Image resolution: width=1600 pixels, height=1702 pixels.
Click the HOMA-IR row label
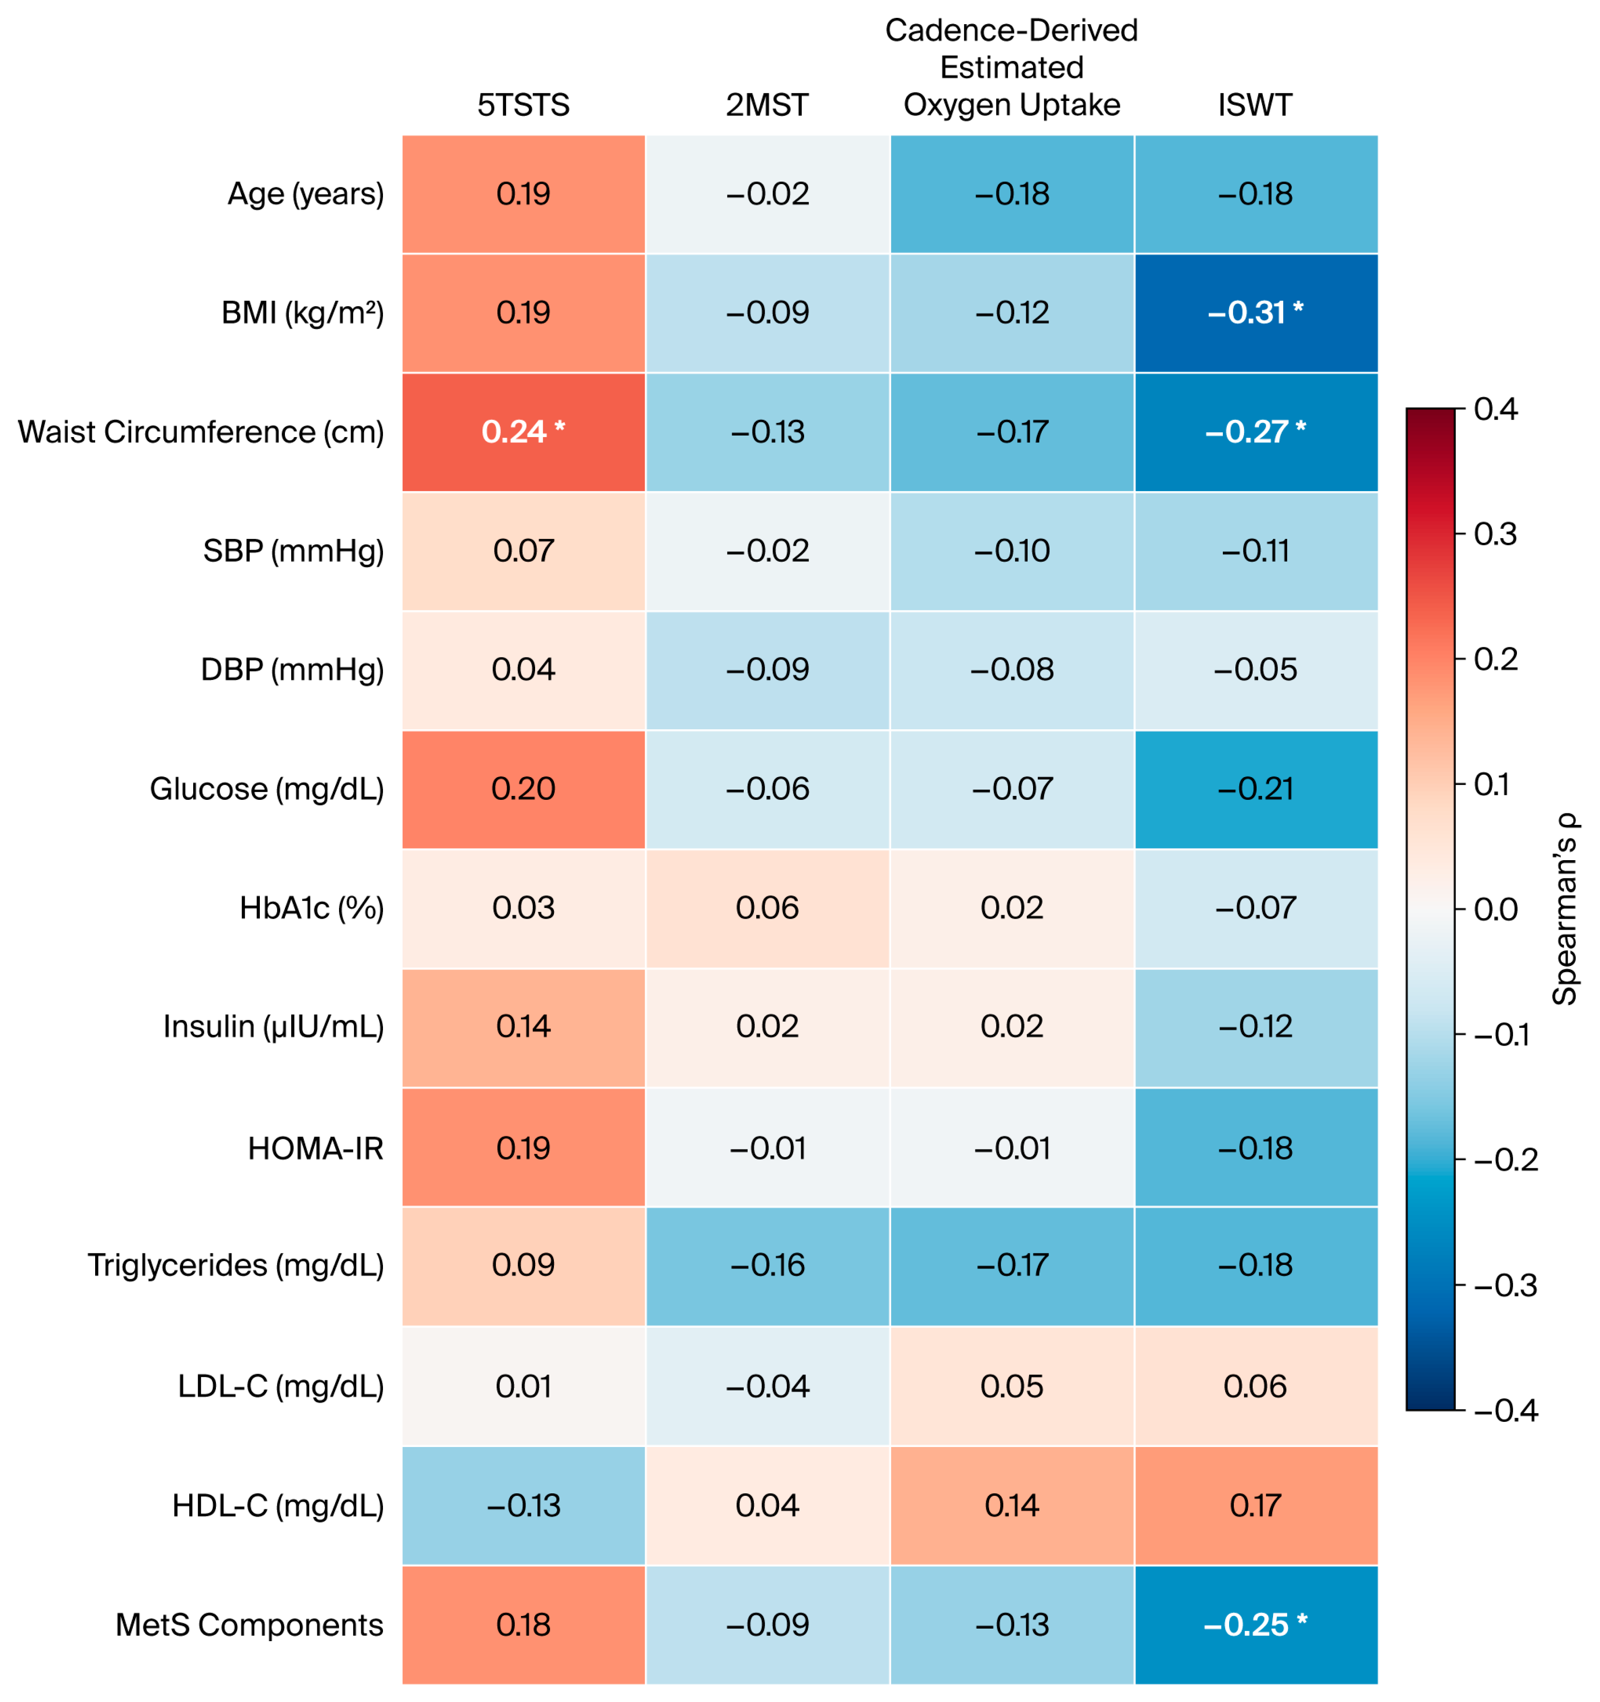point(316,1148)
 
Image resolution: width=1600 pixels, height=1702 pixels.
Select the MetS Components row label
point(249,1624)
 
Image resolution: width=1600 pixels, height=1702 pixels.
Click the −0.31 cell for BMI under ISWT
point(1256,312)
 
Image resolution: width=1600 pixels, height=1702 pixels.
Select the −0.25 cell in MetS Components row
point(1256,1624)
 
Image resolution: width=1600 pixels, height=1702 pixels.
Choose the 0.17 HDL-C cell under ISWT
point(1256,1505)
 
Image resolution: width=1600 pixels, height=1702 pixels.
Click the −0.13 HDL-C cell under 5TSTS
point(523,1505)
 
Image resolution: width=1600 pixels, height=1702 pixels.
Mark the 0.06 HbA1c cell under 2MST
point(767,908)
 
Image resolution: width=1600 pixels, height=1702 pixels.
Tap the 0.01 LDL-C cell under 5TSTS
point(523,1386)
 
